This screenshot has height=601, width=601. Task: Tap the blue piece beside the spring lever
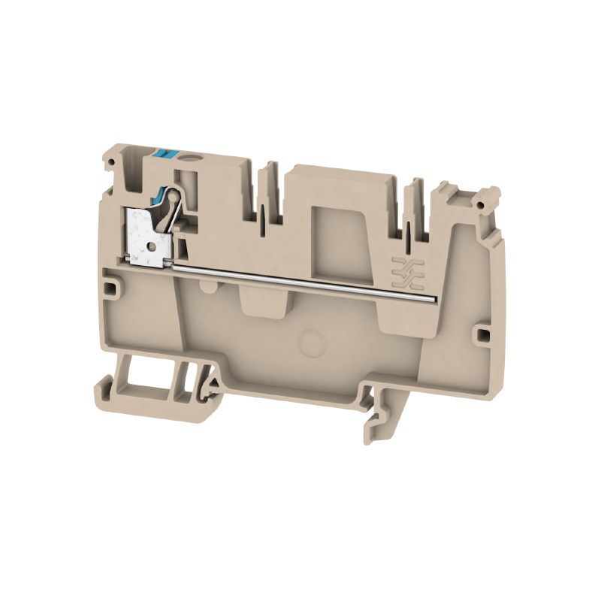pyautogui.click(x=159, y=200)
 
